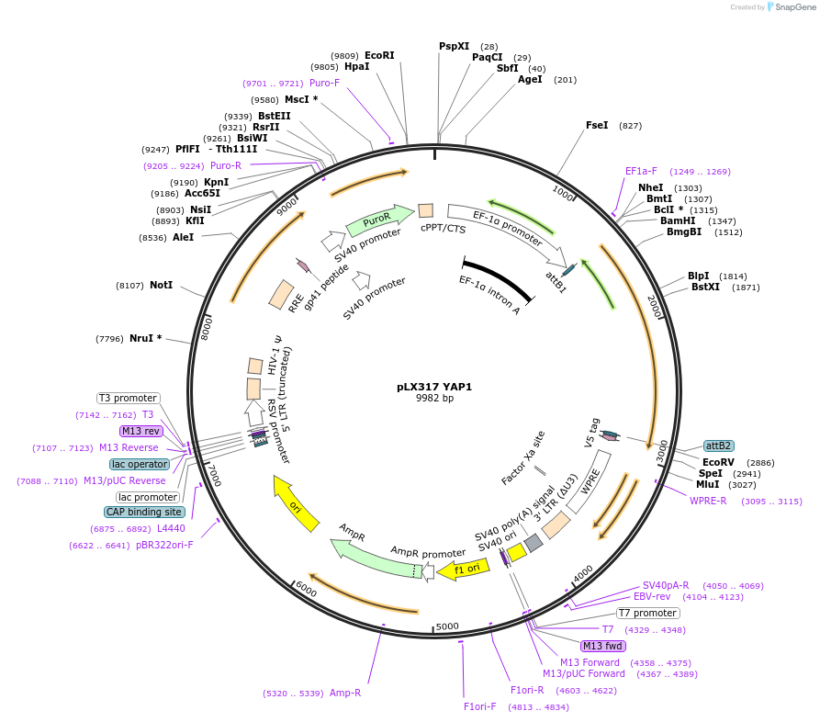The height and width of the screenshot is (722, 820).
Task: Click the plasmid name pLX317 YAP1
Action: click(x=434, y=387)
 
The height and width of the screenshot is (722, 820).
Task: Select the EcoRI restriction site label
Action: click(x=379, y=55)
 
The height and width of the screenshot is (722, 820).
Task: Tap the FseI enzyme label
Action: click(x=597, y=125)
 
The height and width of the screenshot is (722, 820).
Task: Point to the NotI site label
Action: click(x=161, y=286)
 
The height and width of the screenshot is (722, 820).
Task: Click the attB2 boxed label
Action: click(x=718, y=446)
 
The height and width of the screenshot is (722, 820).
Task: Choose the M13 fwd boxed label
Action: click(x=603, y=646)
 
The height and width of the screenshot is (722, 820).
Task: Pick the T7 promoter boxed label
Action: click(x=647, y=613)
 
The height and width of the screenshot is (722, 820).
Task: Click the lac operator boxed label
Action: click(x=140, y=464)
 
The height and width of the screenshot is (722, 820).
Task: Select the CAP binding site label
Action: click(x=144, y=512)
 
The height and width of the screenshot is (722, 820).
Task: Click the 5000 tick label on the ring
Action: click(x=447, y=626)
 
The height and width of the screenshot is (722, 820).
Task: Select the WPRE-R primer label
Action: click(x=708, y=501)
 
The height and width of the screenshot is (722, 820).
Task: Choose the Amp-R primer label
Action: click(x=345, y=693)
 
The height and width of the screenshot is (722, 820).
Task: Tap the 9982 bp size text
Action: click(x=434, y=399)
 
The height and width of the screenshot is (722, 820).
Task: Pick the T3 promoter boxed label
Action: click(x=129, y=398)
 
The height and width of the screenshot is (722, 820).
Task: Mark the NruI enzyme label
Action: click(x=145, y=338)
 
